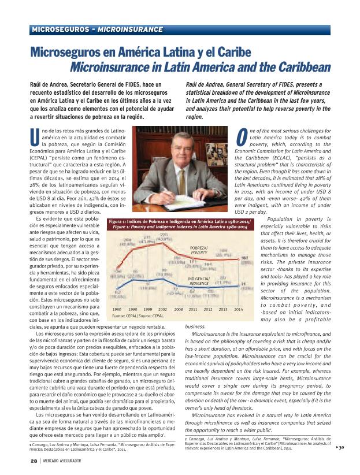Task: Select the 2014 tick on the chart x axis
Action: (238, 310)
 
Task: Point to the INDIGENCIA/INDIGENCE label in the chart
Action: (199, 281)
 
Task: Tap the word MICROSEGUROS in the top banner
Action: (58, 28)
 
